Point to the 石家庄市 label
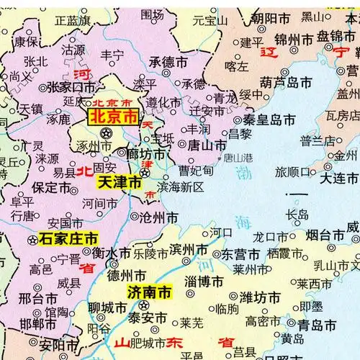(x=68, y=237)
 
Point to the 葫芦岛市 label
(x=286, y=81)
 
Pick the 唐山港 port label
(x=237, y=157)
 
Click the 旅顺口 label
(x=294, y=171)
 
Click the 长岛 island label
(x=297, y=214)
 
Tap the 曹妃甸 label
(x=197, y=171)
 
